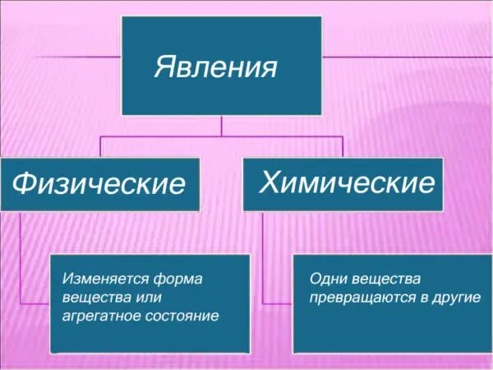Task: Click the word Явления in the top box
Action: pyautogui.click(x=214, y=67)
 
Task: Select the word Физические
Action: pyautogui.click(x=99, y=183)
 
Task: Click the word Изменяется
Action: pyautogui.click(x=101, y=279)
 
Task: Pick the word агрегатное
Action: pyautogui.click(x=99, y=316)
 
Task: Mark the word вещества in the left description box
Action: pyautogui.click(x=91, y=297)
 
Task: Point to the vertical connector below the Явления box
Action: pyautogui.click(x=222, y=125)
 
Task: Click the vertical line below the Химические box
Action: pyautogui.click(x=262, y=255)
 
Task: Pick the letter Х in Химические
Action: pyautogui.click(x=269, y=181)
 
